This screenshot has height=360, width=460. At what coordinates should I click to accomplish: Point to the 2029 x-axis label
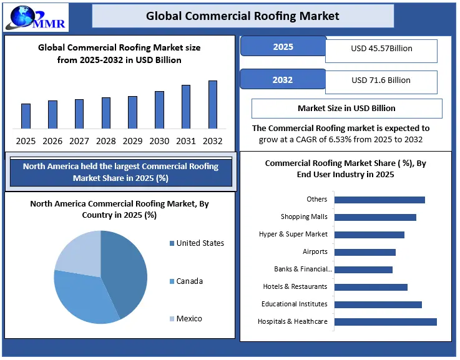[x=132, y=141]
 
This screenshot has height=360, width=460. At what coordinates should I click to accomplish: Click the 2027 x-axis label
[x=79, y=141]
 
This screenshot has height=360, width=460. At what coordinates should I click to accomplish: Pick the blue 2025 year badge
[x=283, y=47]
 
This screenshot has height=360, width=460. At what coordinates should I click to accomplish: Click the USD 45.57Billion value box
[x=381, y=49]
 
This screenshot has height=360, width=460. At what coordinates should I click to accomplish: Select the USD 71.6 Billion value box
[x=381, y=80]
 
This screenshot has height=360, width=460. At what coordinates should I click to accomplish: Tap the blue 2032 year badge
[x=283, y=80]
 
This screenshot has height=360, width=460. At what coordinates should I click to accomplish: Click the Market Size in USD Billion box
[x=346, y=108]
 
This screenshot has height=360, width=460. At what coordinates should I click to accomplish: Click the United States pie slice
[x=125, y=268]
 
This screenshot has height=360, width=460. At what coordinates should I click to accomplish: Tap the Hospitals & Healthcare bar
[x=385, y=322]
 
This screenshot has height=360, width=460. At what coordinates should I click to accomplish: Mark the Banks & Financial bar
[x=363, y=270]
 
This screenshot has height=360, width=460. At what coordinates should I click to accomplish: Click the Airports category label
[x=315, y=252]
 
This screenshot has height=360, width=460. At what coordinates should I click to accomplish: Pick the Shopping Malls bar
[x=375, y=217]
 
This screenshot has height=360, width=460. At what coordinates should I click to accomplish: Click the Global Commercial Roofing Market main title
[x=243, y=16]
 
